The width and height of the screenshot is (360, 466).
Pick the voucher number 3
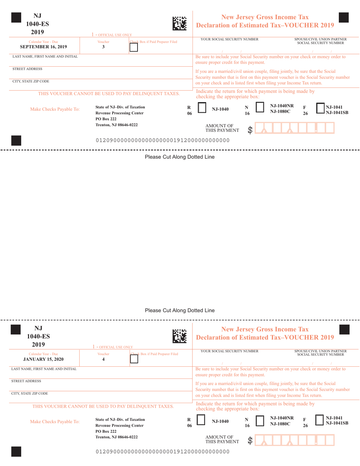(x=103, y=47)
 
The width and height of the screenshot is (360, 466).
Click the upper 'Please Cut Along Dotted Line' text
(x=180, y=156)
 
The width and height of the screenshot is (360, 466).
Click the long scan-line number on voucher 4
(x=163, y=452)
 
